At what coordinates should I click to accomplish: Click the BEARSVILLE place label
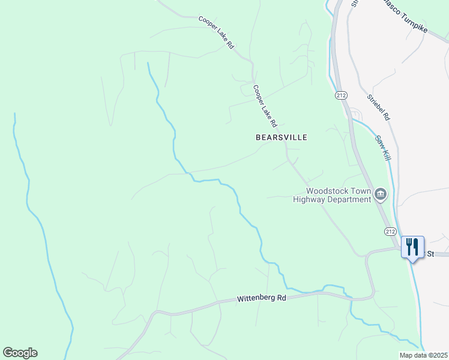281,137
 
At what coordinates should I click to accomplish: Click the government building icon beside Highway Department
381,194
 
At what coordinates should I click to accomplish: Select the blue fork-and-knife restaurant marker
412,247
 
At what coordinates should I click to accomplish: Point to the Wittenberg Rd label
262,298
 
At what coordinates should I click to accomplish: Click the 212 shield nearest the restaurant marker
390,231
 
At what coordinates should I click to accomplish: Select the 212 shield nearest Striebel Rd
341,95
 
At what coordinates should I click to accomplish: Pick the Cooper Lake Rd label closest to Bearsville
264,106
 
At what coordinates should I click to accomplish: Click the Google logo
20,353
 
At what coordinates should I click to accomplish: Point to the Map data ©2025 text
424,355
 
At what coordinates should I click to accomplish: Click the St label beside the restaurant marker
430,254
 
